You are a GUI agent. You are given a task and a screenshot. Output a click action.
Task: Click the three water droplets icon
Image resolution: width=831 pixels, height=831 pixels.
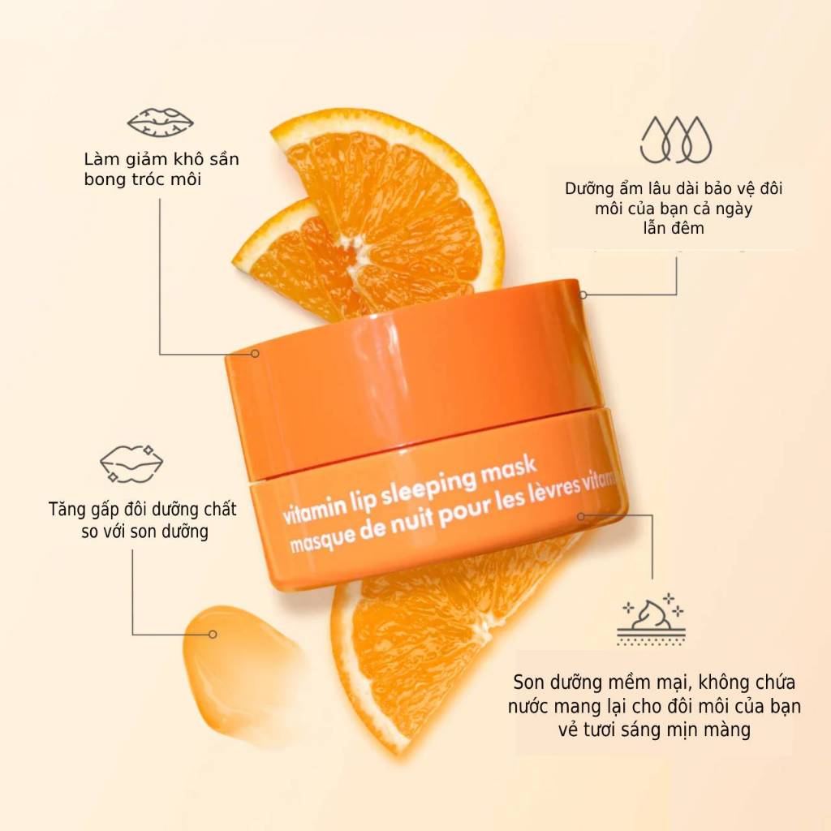point(676,140)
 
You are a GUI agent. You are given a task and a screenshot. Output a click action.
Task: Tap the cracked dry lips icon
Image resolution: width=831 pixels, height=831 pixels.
point(160,123)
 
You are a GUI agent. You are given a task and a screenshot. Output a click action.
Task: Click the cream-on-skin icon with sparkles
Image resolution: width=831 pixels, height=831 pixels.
point(652,620)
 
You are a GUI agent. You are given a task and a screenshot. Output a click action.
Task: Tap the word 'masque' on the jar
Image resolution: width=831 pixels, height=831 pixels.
point(321,539)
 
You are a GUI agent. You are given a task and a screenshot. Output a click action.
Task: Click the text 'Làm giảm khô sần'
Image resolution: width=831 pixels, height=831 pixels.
point(161,159)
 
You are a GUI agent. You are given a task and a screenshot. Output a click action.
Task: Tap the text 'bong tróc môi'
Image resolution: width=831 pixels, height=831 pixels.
point(143,179)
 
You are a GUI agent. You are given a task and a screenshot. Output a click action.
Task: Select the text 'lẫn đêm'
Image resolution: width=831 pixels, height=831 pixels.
point(674,228)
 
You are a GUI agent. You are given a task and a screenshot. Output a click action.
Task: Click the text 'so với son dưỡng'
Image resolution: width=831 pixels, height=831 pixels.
point(144,531)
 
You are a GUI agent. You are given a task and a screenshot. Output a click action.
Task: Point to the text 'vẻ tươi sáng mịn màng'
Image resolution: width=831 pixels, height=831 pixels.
point(655,730)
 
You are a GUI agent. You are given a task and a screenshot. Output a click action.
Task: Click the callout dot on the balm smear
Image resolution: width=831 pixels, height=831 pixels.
point(213,635)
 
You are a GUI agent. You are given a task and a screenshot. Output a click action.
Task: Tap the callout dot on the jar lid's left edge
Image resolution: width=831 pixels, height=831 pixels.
point(255,354)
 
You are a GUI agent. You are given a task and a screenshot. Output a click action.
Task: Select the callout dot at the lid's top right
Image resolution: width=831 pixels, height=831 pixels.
point(583,295)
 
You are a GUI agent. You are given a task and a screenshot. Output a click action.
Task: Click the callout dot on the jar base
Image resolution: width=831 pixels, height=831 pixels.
point(581,515)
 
